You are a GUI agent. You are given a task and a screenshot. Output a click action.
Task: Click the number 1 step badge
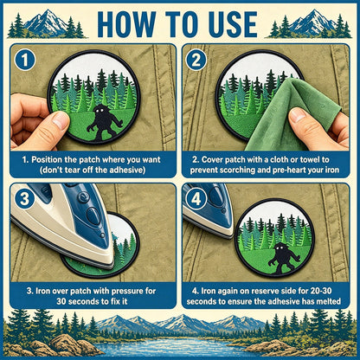tap(25, 61)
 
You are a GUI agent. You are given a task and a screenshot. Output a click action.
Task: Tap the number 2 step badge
tap(196, 61)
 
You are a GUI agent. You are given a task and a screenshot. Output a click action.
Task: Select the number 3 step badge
tap(25, 199)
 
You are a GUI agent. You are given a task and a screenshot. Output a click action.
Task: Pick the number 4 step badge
tap(196, 199)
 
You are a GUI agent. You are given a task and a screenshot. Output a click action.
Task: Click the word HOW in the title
tap(126, 24)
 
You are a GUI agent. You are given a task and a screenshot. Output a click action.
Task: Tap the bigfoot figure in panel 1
tap(103, 122)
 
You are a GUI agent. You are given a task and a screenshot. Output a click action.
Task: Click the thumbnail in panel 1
tap(60, 120)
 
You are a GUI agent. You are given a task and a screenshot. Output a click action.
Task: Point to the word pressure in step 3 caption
tap(129, 291)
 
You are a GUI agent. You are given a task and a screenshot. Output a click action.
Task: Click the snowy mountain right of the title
tap(312, 22)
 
